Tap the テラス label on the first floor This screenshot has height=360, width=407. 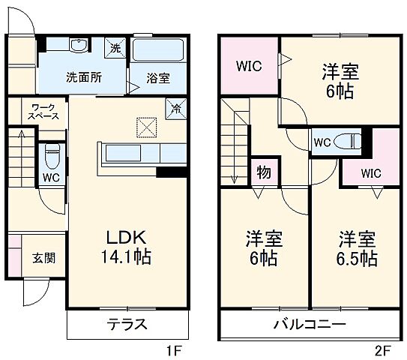[125, 325]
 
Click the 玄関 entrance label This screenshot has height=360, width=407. [43, 258]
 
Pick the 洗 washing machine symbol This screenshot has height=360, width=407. [115, 47]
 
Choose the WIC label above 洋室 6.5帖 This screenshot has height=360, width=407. [370, 173]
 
